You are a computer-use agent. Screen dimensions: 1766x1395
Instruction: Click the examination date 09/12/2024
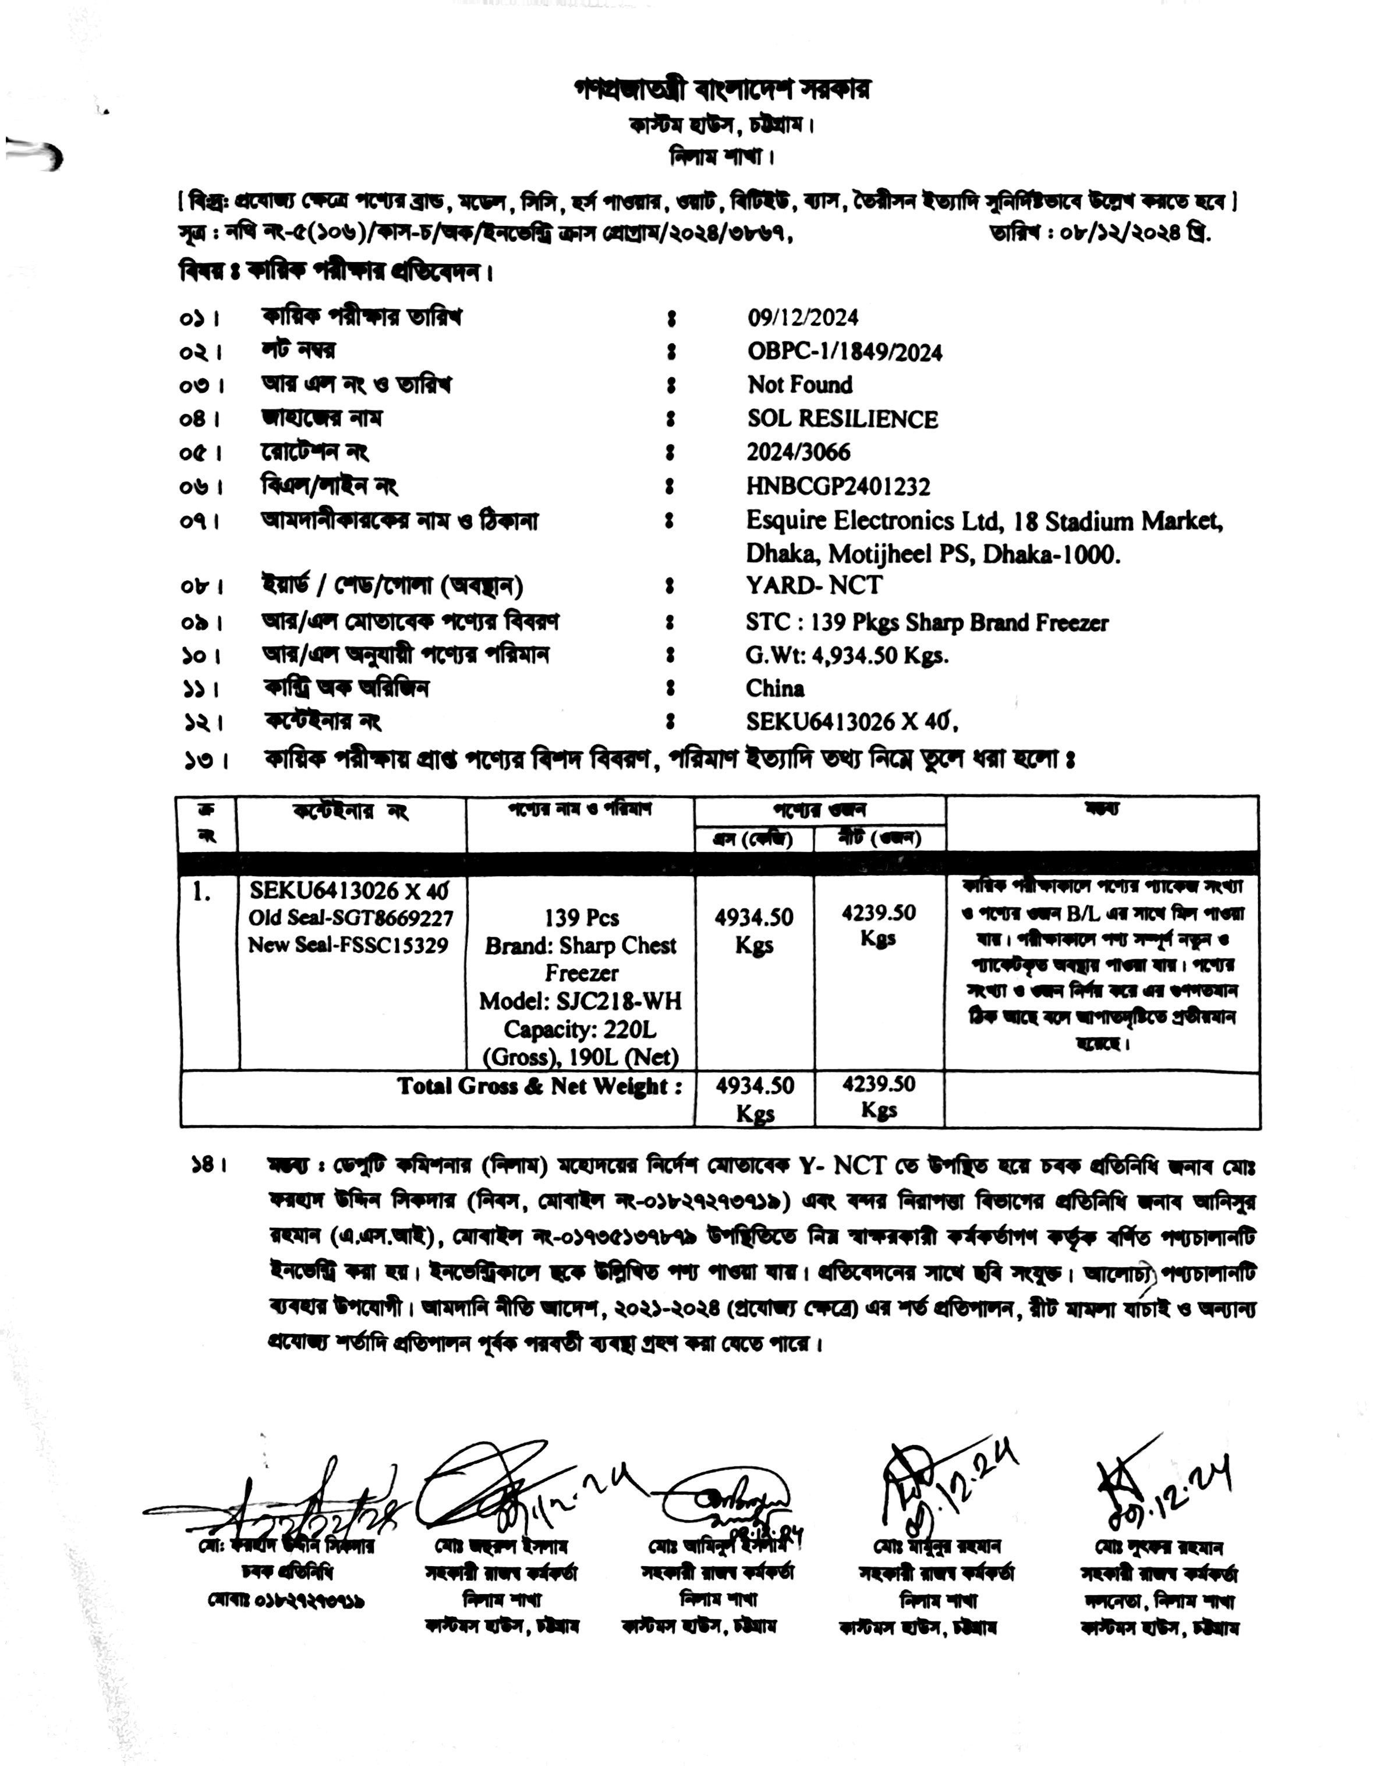click(802, 318)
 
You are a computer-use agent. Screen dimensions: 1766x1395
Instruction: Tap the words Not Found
click(799, 385)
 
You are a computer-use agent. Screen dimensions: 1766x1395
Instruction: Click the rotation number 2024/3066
click(798, 453)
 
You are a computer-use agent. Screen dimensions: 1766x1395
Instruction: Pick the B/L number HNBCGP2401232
click(838, 487)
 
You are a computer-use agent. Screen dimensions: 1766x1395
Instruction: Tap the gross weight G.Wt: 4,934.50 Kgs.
click(847, 655)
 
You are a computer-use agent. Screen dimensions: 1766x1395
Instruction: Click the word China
click(774, 688)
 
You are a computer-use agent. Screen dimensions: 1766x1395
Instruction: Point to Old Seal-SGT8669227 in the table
click(350, 918)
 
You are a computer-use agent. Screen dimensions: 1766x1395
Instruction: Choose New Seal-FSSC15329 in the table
click(348, 945)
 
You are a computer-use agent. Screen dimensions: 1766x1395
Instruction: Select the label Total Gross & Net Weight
click(539, 1086)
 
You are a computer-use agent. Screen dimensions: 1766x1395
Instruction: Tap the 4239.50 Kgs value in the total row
click(879, 1096)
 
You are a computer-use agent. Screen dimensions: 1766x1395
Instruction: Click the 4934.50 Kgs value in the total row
click(755, 1098)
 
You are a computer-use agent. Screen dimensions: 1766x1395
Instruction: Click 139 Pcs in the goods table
click(582, 918)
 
